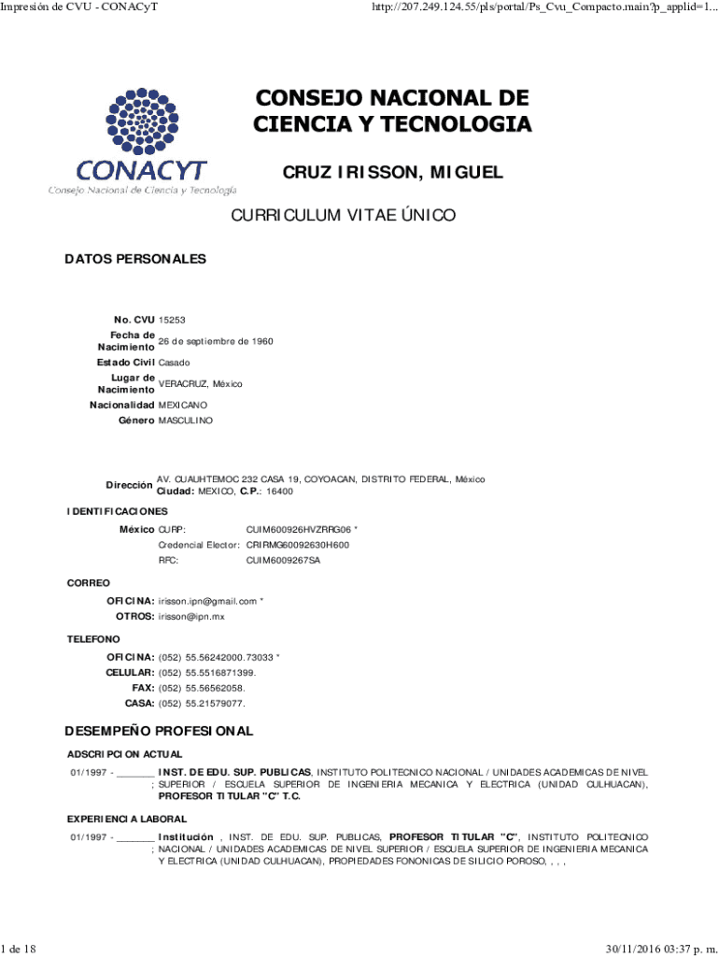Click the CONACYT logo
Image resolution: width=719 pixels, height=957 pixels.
click(142, 140)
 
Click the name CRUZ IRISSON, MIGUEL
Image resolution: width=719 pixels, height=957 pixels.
click(392, 173)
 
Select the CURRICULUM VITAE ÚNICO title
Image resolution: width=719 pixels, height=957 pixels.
click(344, 216)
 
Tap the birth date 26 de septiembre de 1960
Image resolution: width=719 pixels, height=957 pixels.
click(216, 341)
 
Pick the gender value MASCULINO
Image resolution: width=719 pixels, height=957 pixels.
click(185, 421)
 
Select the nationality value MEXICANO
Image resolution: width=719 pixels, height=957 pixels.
click(184, 406)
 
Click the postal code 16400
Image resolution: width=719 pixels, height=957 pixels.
click(279, 491)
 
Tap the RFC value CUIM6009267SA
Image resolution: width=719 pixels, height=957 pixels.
click(283, 561)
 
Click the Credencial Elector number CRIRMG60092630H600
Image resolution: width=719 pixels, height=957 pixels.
click(298, 545)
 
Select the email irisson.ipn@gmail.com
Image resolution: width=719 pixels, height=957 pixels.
click(207, 601)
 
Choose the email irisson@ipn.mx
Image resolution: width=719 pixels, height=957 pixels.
click(191, 617)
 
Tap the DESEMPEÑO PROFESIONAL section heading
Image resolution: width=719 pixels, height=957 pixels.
click(159, 730)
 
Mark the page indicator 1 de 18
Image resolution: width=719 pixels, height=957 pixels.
click(19, 950)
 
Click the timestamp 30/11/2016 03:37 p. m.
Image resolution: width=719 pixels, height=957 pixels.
click(660, 950)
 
